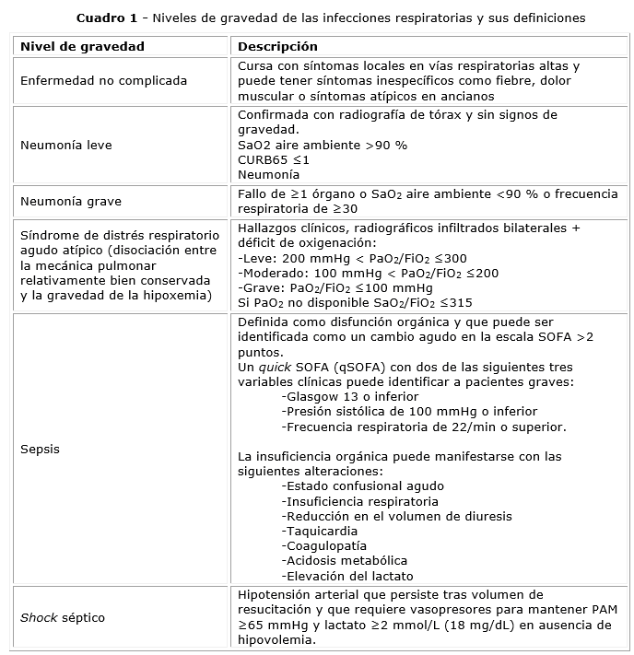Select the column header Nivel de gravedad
82,46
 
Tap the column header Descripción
277,46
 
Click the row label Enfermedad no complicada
103,81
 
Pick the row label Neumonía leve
65,145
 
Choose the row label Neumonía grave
70,201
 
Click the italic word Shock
39,616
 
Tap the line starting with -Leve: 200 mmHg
352,258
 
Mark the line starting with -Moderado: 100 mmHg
368,273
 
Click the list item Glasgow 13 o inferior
339,396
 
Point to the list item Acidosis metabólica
346,560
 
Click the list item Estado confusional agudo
364,485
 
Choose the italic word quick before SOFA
280,367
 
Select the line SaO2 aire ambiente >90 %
322,145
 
